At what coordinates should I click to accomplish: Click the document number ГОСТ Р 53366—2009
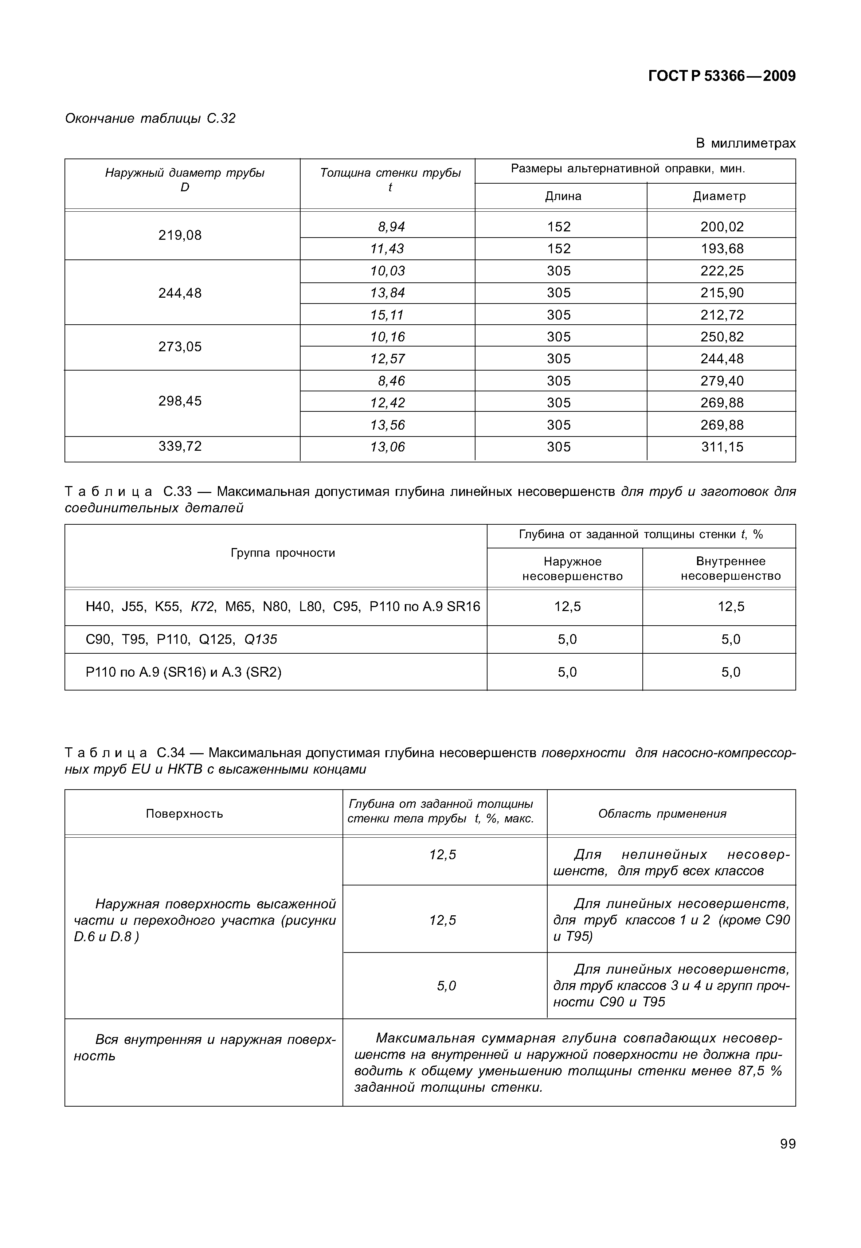[721, 76]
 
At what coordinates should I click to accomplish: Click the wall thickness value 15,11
[387, 315]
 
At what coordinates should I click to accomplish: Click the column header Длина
[563, 196]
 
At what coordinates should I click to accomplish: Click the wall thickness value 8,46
[391, 381]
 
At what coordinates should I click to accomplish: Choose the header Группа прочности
[283, 553]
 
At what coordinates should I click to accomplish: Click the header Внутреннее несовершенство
[731, 568]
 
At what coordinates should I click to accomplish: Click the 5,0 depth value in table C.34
[446, 986]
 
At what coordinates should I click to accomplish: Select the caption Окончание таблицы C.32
[150, 119]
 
